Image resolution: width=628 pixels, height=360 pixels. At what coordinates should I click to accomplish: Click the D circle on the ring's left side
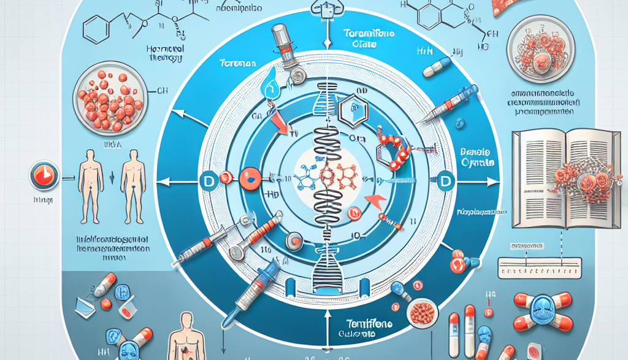click(x=206, y=180)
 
